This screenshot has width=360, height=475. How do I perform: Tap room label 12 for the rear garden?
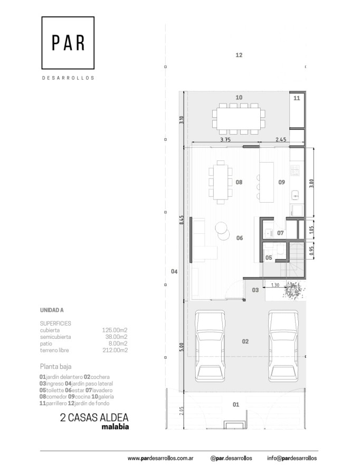pos(239,55)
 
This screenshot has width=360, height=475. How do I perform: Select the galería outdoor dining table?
pos(239,119)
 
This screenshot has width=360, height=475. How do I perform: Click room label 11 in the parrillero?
pos(297,98)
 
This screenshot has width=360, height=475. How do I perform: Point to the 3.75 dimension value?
pos(225,140)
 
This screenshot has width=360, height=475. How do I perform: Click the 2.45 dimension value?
pos(281,140)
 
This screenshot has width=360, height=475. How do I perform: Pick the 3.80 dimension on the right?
pos(311,183)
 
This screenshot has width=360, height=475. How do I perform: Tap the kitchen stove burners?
pos(295,170)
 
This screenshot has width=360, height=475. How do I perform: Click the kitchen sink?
pos(295,195)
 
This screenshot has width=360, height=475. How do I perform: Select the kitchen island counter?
pos(267,182)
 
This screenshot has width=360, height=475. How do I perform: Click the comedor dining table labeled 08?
pos(221,182)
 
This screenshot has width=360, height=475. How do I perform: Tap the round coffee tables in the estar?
pos(222,231)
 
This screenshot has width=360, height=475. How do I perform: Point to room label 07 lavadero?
pos(280,233)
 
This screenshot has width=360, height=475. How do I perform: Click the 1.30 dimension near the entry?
pos(275,285)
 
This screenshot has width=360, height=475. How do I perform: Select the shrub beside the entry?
pos(293,290)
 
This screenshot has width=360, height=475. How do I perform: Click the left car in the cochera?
pos(210,347)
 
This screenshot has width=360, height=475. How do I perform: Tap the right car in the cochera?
pos(283,347)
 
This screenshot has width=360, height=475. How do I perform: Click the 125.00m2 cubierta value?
pos(115,330)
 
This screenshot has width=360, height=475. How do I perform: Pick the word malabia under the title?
pos(115,427)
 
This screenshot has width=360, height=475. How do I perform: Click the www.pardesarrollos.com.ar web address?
pos(160,458)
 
